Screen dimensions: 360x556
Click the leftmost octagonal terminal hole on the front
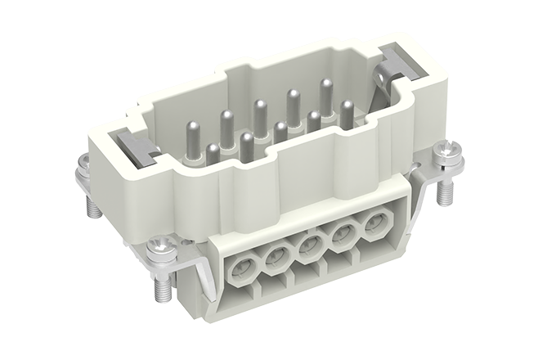243,268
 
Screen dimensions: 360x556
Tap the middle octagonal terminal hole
309,246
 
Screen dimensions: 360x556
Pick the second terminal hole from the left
276,257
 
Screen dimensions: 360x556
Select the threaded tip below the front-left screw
159,286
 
